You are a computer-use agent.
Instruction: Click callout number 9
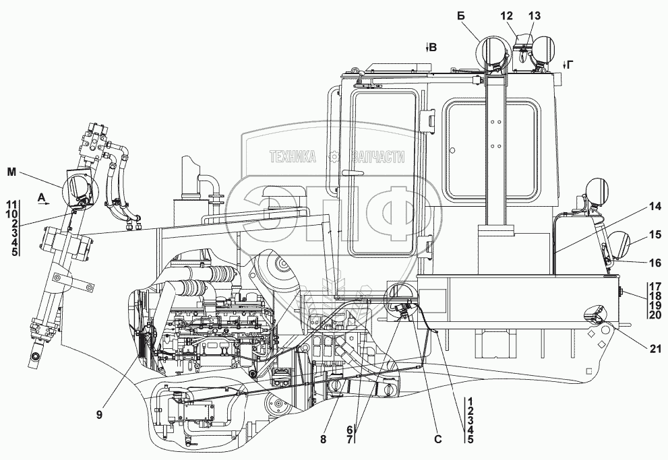[x=100, y=415]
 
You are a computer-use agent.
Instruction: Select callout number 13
[x=535, y=15]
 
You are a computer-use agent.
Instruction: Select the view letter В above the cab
[x=433, y=47]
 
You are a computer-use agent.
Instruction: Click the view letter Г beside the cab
[x=570, y=64]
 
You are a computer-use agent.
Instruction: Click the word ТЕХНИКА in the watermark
[x=294, y=157]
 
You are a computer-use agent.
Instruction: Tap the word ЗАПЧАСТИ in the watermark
[x=376, y=157]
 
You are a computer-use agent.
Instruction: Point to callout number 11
[x=11, y=203]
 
